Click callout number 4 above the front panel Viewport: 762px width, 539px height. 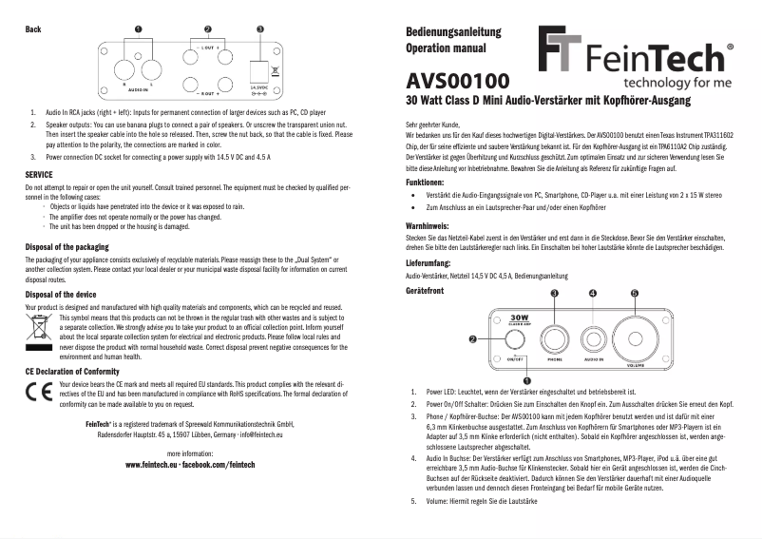click(x=594, y=293)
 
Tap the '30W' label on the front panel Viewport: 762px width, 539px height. click(x=518, y=318)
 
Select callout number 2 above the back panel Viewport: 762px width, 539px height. click(x=208, y=29)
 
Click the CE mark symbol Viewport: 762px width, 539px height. click(x=41, y=392)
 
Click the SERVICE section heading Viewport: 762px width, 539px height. click(x=39, y=176)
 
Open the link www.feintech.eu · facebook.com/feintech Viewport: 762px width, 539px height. click(x=190, y=465)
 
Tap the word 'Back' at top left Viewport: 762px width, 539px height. click(x=33, y=29)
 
